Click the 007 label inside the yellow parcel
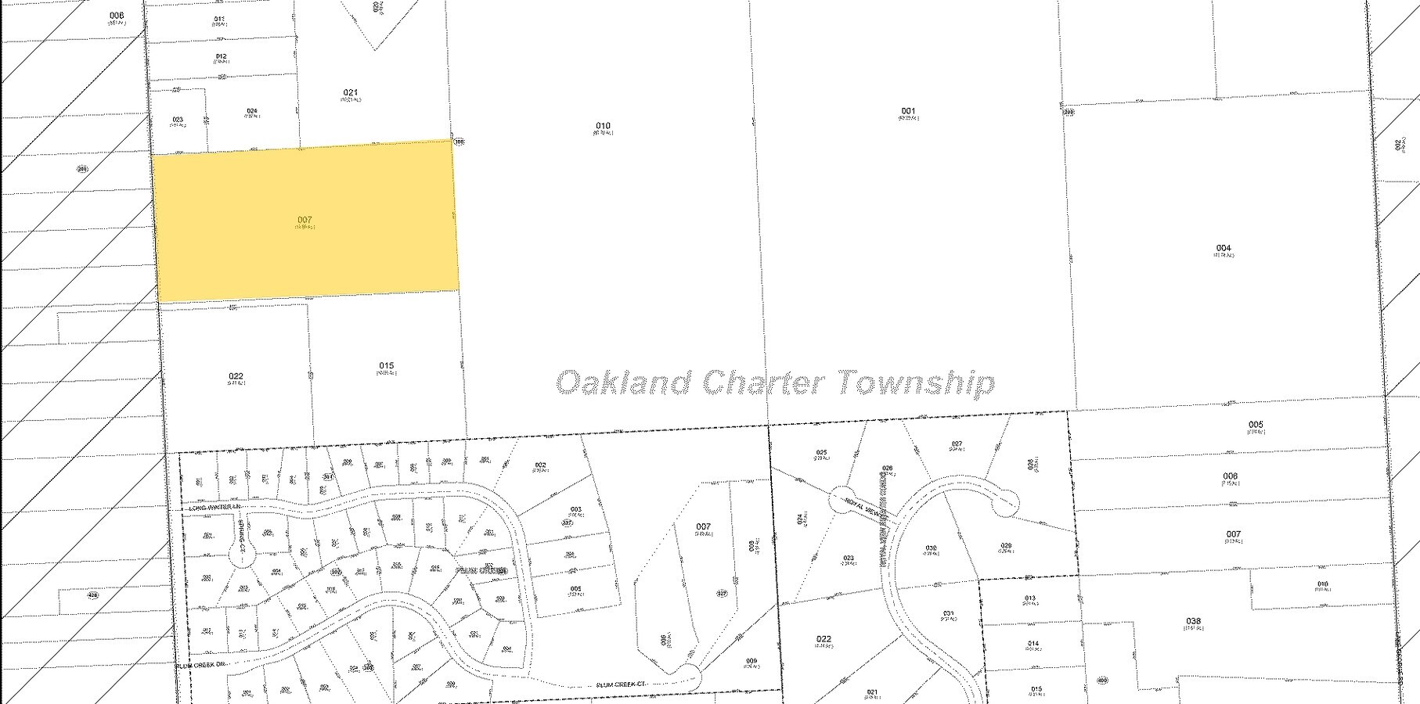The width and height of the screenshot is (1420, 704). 305,220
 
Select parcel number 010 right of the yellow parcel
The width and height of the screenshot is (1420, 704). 603,126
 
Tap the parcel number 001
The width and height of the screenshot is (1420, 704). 908,111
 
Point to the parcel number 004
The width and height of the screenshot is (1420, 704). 1224,248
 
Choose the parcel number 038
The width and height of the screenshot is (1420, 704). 1193,621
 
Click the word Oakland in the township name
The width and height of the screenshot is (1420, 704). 624,383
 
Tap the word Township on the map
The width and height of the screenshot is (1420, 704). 916,383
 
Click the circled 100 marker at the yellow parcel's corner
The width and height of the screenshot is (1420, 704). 460,142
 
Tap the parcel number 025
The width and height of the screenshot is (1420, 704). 822,452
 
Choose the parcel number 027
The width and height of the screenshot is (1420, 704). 957,444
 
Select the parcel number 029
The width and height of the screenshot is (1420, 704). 1006,545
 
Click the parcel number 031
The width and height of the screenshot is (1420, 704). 949,613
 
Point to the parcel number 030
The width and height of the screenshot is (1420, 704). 931,548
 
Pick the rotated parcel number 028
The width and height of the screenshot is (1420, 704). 1030,464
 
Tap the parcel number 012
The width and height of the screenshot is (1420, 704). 221,56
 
